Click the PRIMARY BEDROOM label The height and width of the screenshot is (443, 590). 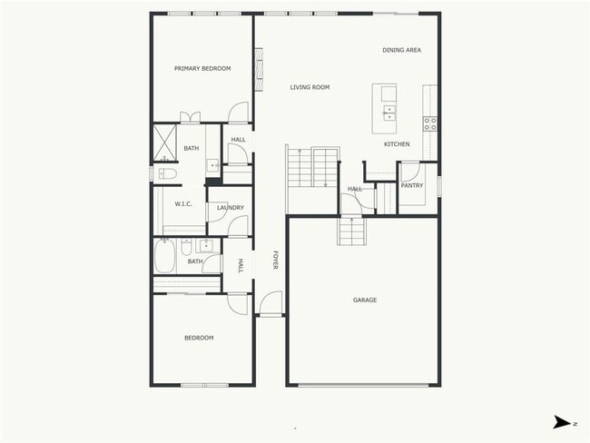coord(202,68)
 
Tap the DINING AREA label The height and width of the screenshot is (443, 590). coord(401,50)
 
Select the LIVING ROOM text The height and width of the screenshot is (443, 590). coord(310,87)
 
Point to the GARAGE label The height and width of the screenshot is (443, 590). coord(365,300)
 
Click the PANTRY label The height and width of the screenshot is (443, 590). coord(412,185)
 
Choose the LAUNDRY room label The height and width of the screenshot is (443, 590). coord(231,208)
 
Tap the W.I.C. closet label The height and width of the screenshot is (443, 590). coord(183,204)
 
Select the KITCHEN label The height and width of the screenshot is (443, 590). coord(397,144)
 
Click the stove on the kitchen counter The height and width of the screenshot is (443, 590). coord(429,123)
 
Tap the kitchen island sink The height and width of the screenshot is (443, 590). coord(388,113)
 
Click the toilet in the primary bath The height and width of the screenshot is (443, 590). coord(167,173)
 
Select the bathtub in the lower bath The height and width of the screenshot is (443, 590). coord(165,256)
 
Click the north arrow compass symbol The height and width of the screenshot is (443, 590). coord(564,422)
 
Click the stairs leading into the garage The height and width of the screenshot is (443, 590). coord(351,231)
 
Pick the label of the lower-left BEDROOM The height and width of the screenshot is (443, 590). coord(199,338)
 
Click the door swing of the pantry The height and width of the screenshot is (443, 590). coord(408,172)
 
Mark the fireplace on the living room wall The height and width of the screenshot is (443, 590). coord(259,71)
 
